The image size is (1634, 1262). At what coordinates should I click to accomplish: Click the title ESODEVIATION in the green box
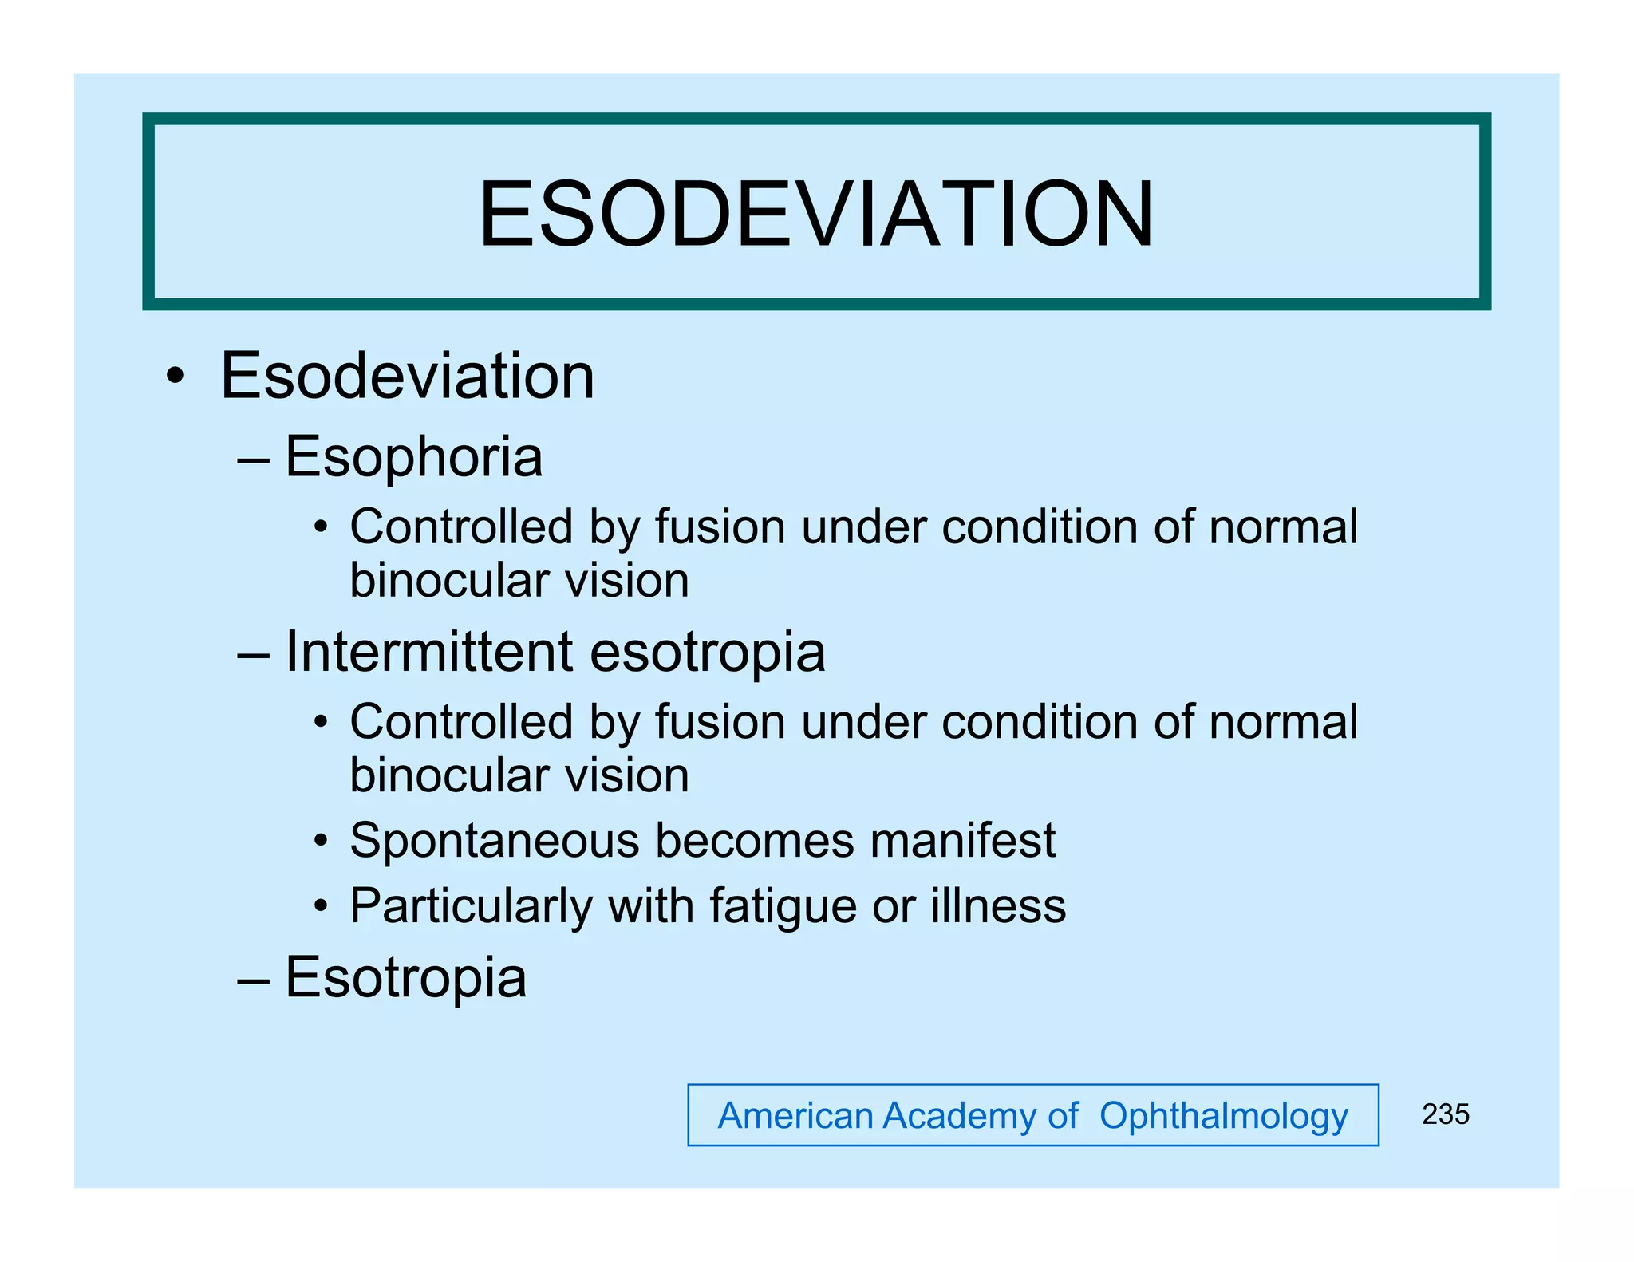pyautogui.click(x=815, y=215)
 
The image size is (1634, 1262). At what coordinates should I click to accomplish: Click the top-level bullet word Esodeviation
pyautogui.click(x=407, y=376)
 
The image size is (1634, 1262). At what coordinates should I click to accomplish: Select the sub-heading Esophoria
pyautogui.click(x=413, y=458)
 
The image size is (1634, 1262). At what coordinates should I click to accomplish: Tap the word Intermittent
pyautogui.click(x=429, y=652)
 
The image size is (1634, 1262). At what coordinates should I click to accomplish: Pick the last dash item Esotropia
pyautogui.click(x=405, y=978)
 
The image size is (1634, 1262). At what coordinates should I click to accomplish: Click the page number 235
pyautogui.click(x=1445, y=1114)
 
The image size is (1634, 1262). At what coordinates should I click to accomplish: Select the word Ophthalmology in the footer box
pyautogui.click(x=1223, y=1116)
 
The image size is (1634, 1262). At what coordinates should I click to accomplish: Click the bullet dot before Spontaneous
pyautogui.click(x=321, y=841)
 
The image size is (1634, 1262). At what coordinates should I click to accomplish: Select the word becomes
pyautogui.click(x=754, y=841)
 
